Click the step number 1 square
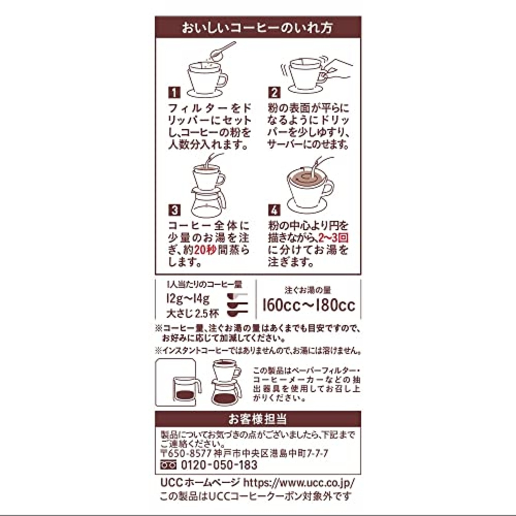tap(174, 93)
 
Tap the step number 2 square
tap(274, 93)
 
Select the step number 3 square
tap(174, 210)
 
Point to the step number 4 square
tap(274, 210)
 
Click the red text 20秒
tap(205, 250)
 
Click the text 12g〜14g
tap(188, 300)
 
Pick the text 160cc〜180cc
tap(309, 306)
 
